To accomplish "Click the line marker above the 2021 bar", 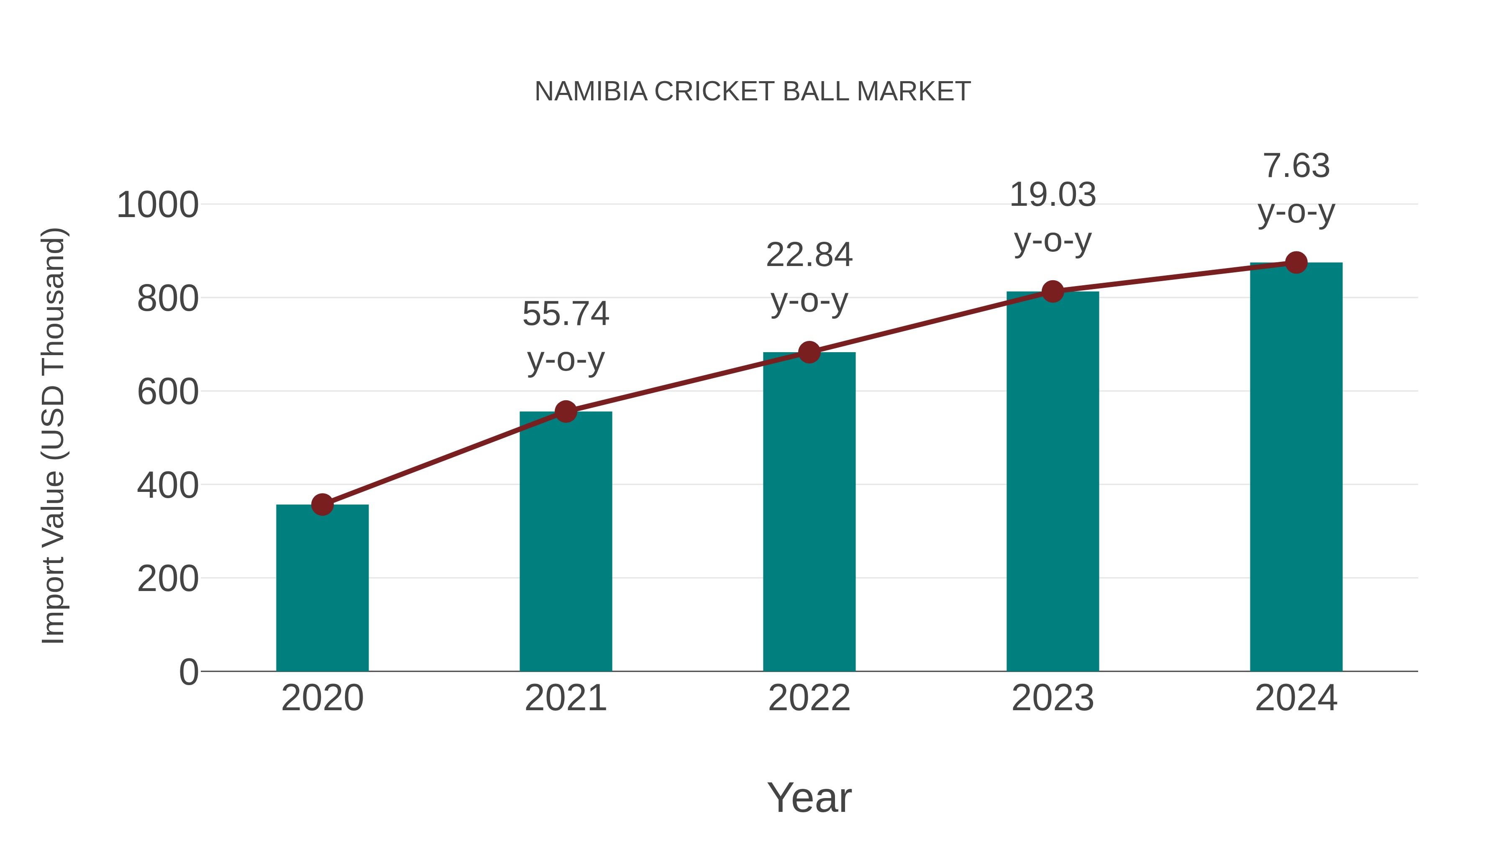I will coord(565,412).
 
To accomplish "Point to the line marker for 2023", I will coord(1053,291).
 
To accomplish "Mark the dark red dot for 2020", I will coord(322,504).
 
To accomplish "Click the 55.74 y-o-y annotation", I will coord(565,336).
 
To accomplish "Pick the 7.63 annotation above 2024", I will coord(1296,188).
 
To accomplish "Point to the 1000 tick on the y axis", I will coord(157,206).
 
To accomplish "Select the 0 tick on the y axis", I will coord(188,672).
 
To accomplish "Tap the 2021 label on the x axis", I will coord(565,698).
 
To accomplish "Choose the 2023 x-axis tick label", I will coord(1053,698).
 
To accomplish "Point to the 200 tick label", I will coord(167,579).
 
